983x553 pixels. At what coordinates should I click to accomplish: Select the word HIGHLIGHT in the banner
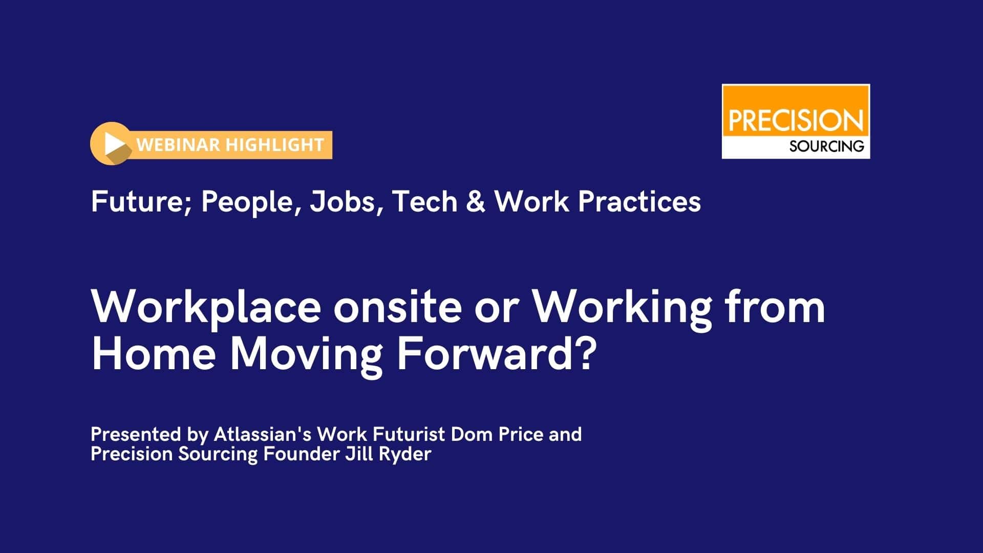click(275, 145)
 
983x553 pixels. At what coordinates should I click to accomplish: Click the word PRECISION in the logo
click(796, 121)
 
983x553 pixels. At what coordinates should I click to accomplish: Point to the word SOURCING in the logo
click(826, 146)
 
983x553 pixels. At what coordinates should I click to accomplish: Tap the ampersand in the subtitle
click(476, 201)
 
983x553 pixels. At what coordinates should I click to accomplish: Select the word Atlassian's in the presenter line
click(263, 434)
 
